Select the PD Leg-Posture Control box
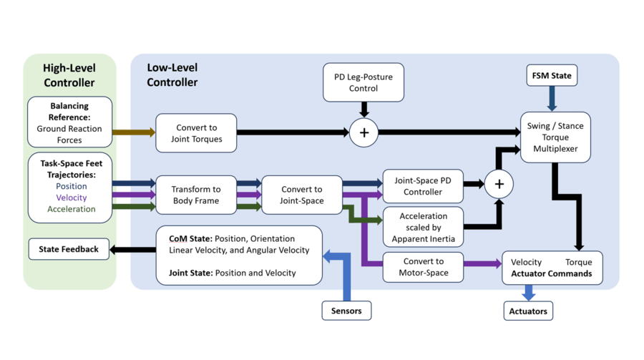363,82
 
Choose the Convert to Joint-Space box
301,195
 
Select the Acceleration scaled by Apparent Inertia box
424,227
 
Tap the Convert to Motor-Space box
424,266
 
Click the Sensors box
346,311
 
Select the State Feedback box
69,249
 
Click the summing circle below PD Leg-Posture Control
364,133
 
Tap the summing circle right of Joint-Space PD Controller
499,184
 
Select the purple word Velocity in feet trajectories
71,198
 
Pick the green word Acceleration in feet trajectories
71,209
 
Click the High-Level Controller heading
69,75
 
